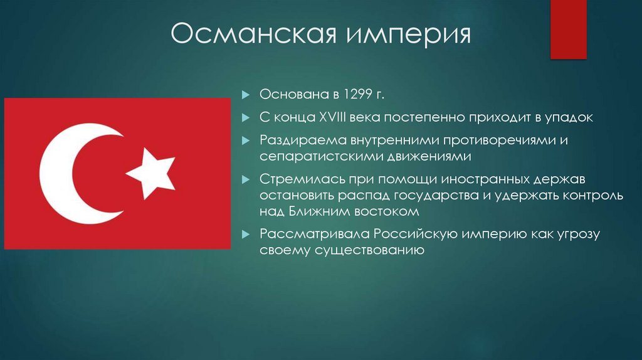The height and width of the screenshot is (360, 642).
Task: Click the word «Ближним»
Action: point(323,211)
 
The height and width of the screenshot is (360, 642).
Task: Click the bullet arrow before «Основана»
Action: point(246,95)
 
